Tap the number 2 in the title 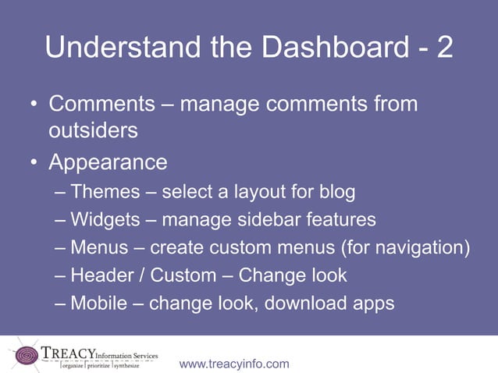443,48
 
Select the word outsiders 93,130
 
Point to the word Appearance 108,163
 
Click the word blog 337,192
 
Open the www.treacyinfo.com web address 234,364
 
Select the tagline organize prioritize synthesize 100,364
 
